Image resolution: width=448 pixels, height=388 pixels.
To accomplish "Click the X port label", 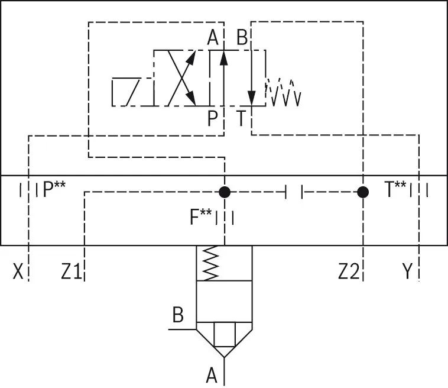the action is tap(18, 271).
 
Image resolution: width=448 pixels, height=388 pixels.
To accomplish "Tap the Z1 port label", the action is tap(72, 271).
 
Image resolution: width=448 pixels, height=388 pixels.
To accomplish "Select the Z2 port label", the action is tap(349, 271).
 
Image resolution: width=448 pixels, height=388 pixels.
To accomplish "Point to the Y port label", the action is tap(407, 271).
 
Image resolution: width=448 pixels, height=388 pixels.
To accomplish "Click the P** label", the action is tap(54, 189).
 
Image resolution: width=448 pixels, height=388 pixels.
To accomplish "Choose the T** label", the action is tap(395, 189).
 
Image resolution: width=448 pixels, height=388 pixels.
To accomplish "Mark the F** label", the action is tap(201, 216).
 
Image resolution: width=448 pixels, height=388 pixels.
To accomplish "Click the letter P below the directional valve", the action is tap(212, 118).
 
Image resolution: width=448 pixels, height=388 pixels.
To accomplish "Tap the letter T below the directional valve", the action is tap(241, 118).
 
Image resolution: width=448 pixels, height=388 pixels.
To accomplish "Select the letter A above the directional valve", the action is tap(213, 37).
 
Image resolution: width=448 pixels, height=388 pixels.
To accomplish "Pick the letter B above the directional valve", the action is tap(242, 37).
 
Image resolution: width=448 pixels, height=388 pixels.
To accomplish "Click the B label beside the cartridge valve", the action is tap(178, 315).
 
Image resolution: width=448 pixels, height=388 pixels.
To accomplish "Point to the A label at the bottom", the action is tap(212, 375).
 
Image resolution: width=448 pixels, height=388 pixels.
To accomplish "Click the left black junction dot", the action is tap(225, 192).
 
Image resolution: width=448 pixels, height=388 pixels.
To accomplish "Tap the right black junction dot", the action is tap(363, 192).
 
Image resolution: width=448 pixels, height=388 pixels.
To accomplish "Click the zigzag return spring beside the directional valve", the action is tap(283, 92).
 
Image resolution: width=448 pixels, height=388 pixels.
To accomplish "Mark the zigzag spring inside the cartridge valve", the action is tap(210, 263).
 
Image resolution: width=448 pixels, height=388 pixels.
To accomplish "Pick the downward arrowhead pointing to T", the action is tap(251, 98).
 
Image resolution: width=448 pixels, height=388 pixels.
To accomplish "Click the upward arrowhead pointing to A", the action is tap(224, 58).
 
